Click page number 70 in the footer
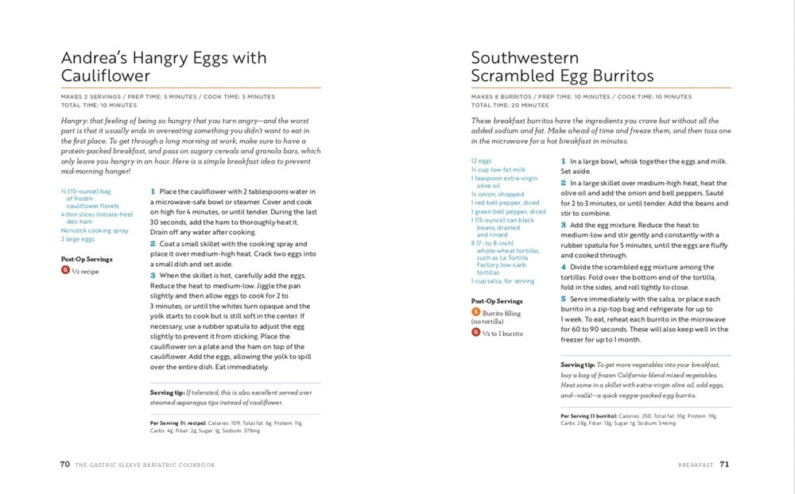[x=65, y=465]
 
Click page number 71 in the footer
[x=724, y=465]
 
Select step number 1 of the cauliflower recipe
[x=153, y=191]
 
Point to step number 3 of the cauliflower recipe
[x=153, y=275]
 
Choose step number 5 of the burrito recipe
[x=563, y=299]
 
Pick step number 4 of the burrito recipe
[x=563, y=267]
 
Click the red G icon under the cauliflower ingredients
[x=65, y=270]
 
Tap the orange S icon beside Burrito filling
[x=475, y=312]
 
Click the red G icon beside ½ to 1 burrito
[x=475, y=332]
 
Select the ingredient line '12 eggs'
[x=480, y=160]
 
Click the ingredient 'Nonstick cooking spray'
[x=95, y=230]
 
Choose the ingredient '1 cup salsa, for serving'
[x=502, y=280]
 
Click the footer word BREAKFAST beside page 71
[x=695, y=465]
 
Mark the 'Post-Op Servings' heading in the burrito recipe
[x=497, y=301]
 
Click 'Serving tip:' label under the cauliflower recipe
[x=167, y=392]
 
